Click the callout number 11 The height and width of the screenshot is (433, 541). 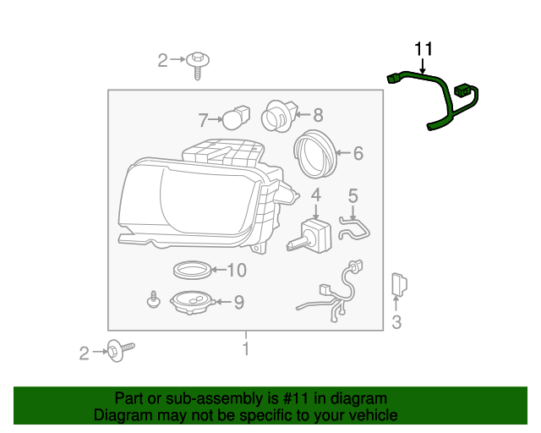coord(423,49)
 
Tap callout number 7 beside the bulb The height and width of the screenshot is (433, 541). coord(203,119)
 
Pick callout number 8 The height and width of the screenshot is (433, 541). coord(318,113)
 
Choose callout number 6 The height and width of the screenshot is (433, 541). coord(358,153)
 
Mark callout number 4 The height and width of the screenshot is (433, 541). coord(315,195)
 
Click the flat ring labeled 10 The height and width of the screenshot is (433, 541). coord(191,271)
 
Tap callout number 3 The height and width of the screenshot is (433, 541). coord(396,322)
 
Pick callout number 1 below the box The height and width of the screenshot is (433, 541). coord(245,348)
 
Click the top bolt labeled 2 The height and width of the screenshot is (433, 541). coord(199,63)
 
